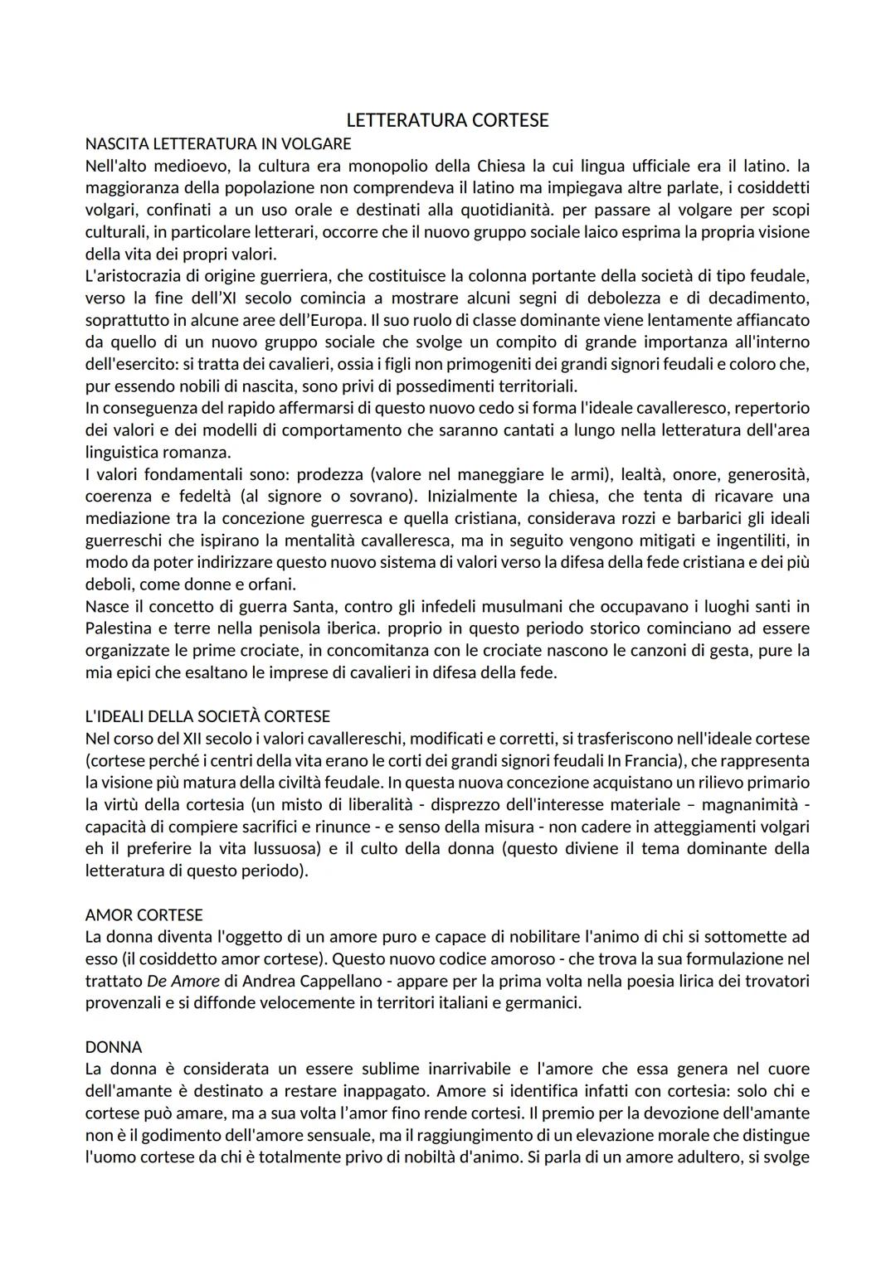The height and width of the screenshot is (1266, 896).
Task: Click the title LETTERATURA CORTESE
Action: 447,120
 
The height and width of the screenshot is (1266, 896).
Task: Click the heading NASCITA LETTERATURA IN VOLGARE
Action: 217,143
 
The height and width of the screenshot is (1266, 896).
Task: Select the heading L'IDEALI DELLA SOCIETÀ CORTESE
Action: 207,715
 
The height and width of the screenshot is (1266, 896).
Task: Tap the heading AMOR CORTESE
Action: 144,914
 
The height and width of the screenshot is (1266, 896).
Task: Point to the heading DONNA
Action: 114,1046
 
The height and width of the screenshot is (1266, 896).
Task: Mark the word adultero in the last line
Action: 702,1157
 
